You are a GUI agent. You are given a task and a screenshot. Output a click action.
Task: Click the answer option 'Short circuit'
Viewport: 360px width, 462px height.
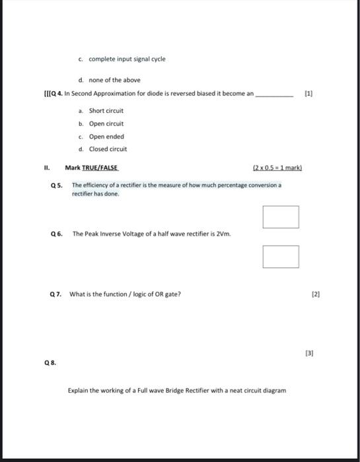pyautogui.click(x=106, y=111)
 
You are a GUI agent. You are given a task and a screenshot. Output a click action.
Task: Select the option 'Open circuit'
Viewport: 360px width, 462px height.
pyautogui.click(x=106, y=123)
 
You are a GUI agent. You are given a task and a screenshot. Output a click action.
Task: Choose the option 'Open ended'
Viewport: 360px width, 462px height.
pyautogui.click(x=106, y=137)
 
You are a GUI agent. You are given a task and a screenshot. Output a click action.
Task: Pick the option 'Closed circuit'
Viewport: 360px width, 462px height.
pyautogui.click(x=108, y=149)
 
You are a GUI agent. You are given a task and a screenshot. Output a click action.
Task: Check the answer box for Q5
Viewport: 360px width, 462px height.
pyautogui.click(x=280, y=217)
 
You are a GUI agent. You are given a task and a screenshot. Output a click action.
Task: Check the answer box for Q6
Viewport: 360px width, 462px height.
pyautogui.click(x=280, y=257)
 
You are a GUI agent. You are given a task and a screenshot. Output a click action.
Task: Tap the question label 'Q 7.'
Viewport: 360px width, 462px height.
pyautogui.click(x=56, y=294)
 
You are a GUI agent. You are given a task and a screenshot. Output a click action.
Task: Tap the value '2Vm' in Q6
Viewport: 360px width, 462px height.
pyautogui.click(x=224, y=234)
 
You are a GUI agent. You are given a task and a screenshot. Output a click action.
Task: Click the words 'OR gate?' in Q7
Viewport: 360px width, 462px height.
pyautogui.click(x=167, y=294)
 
